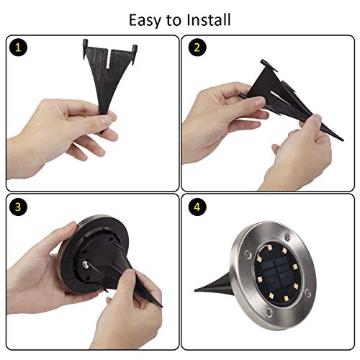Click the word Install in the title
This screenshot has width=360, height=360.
pyautogui.click(x=209, y=19)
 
